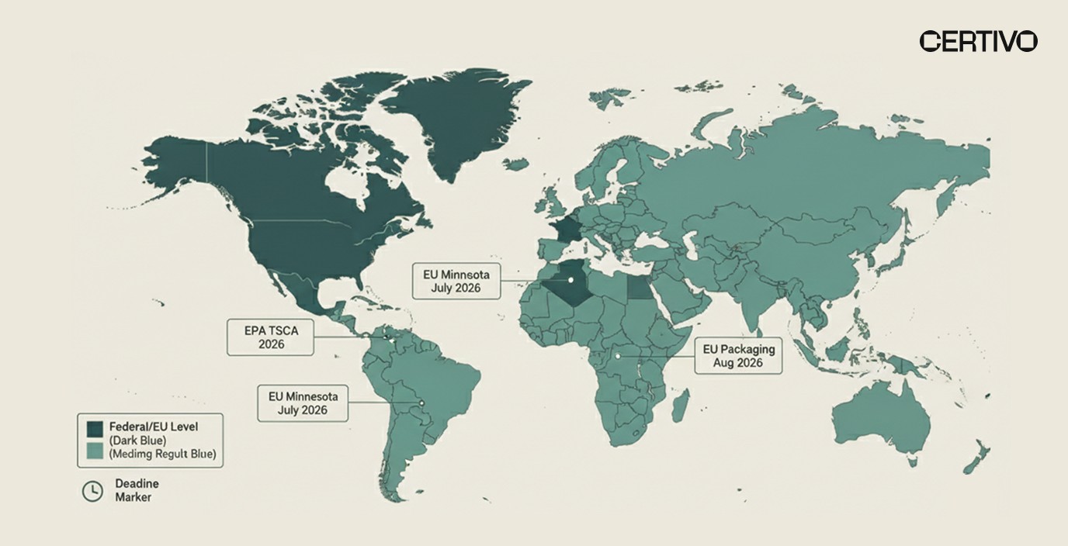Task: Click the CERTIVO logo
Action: click(x=978, y=41)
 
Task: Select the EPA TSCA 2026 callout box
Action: click(x=270, y=337)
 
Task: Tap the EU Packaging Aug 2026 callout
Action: click(x=738, y=355)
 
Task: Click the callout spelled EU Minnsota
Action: click(x=456, y=281)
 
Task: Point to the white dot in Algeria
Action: click(x=570, y=279)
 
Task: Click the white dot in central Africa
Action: click(x=617, y=356)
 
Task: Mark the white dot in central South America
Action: click(x=421, y=403)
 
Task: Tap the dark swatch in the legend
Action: click(x=95, y=428)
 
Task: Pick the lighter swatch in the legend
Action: click(x=95, y=452)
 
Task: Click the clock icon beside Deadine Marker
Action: click(x=92, y=490)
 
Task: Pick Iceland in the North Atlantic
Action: click(x=515, y=164)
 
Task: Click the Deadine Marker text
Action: click(x=137, y=490)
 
